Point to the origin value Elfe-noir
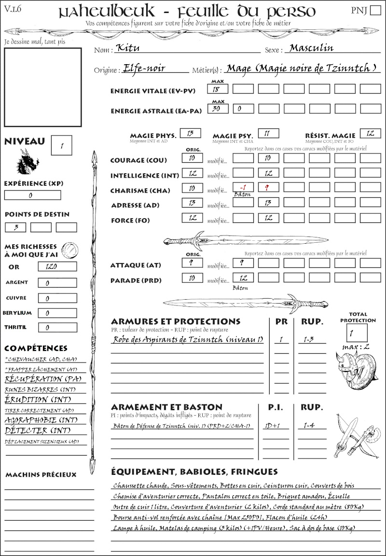144,68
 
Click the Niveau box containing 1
62,144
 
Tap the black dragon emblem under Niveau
27,161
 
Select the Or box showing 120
57,266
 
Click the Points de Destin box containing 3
15,227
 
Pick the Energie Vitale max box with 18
218,89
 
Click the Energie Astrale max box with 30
218,109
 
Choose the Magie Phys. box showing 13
190,133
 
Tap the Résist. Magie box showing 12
371,133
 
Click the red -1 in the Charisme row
243,188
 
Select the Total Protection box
357,333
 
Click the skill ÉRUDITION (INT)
33,400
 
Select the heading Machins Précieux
41,475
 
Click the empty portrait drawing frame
43,87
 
